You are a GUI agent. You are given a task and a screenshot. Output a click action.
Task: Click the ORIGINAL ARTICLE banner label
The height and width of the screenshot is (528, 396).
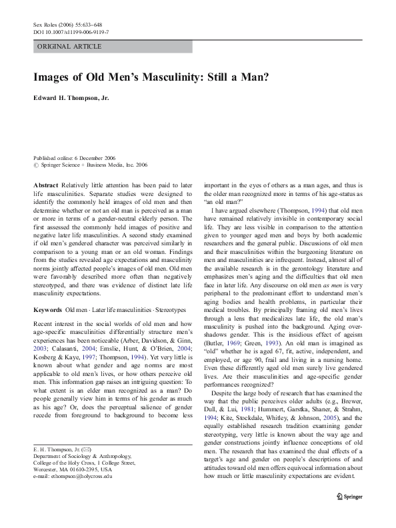tap(69, 47)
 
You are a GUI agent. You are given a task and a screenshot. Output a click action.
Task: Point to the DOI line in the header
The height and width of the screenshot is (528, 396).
tap(71, 31)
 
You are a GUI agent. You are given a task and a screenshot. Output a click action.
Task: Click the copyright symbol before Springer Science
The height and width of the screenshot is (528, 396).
tap(36, 164)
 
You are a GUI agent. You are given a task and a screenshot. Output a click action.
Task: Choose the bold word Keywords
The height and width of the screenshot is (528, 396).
tap(47, 311)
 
